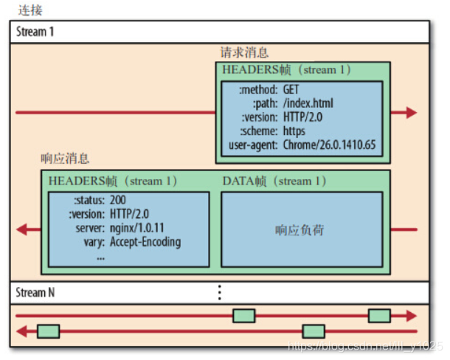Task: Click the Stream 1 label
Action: coord(35,32)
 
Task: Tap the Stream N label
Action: coord(35,293)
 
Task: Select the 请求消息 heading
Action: coord(244,53)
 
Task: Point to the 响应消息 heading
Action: coord(65,159)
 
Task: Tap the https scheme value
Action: coord(296,131)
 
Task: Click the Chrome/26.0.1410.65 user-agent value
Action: coord(329,145)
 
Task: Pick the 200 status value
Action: coord(118,201)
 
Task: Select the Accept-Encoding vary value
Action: coord(145,242)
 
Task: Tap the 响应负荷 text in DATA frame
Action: coord(300,230)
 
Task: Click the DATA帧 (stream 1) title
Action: coord(274,181)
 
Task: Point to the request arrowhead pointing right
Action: coord(410,113)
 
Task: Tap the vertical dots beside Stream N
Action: coord(219,293)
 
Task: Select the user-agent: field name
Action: coord(252,145)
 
